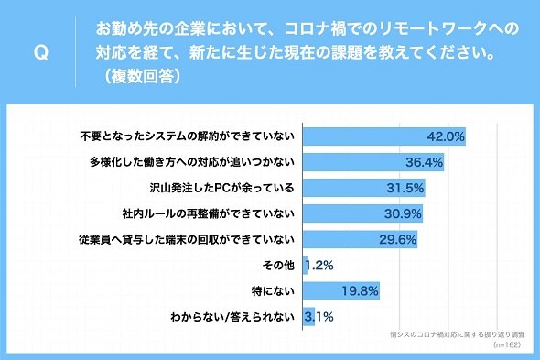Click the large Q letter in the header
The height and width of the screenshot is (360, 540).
[41, 53]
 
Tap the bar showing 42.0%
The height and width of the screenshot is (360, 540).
[384, 136]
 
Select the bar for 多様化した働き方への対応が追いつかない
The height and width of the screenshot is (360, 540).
[373, 162]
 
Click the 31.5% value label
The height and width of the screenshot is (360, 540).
[405, 188]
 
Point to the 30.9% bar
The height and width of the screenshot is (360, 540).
[363, 213]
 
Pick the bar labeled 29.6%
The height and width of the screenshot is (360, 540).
[361, 239]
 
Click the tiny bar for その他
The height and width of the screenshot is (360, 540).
[305, 265]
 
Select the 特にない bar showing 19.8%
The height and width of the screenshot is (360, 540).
[341, 291]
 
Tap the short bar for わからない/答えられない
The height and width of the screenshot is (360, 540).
[309, 317]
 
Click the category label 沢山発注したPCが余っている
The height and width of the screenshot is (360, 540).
[222, 188]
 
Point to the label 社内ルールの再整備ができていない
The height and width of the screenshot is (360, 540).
[209, 213]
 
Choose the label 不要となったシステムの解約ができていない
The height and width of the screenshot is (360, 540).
[188, 136]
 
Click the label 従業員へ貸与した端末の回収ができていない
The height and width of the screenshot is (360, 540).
[187, 239]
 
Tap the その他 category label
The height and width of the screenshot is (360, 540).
[278, 265]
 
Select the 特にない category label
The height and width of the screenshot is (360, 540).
[273, 291]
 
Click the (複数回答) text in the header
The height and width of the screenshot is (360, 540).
[142, 76]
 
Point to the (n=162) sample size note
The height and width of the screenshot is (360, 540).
[507, 344]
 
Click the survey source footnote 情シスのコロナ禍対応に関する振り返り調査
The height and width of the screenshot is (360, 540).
[458, 334]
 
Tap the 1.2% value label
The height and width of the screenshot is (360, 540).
[319, 266]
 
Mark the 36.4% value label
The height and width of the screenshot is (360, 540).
[425, 162]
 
